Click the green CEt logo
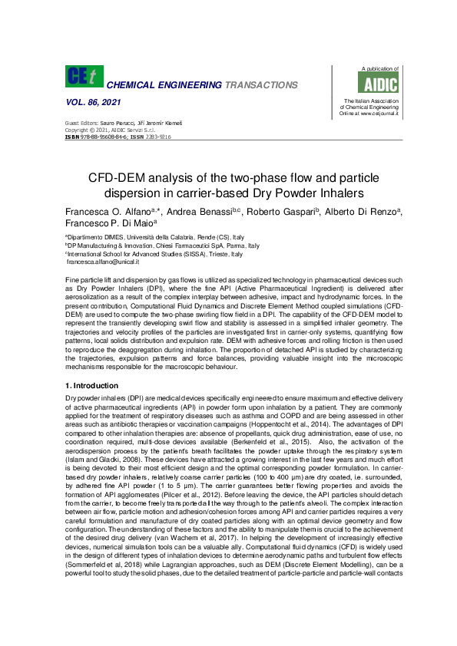pos(83,76)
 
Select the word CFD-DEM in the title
pos(124,176)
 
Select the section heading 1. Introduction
pos(91,385)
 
